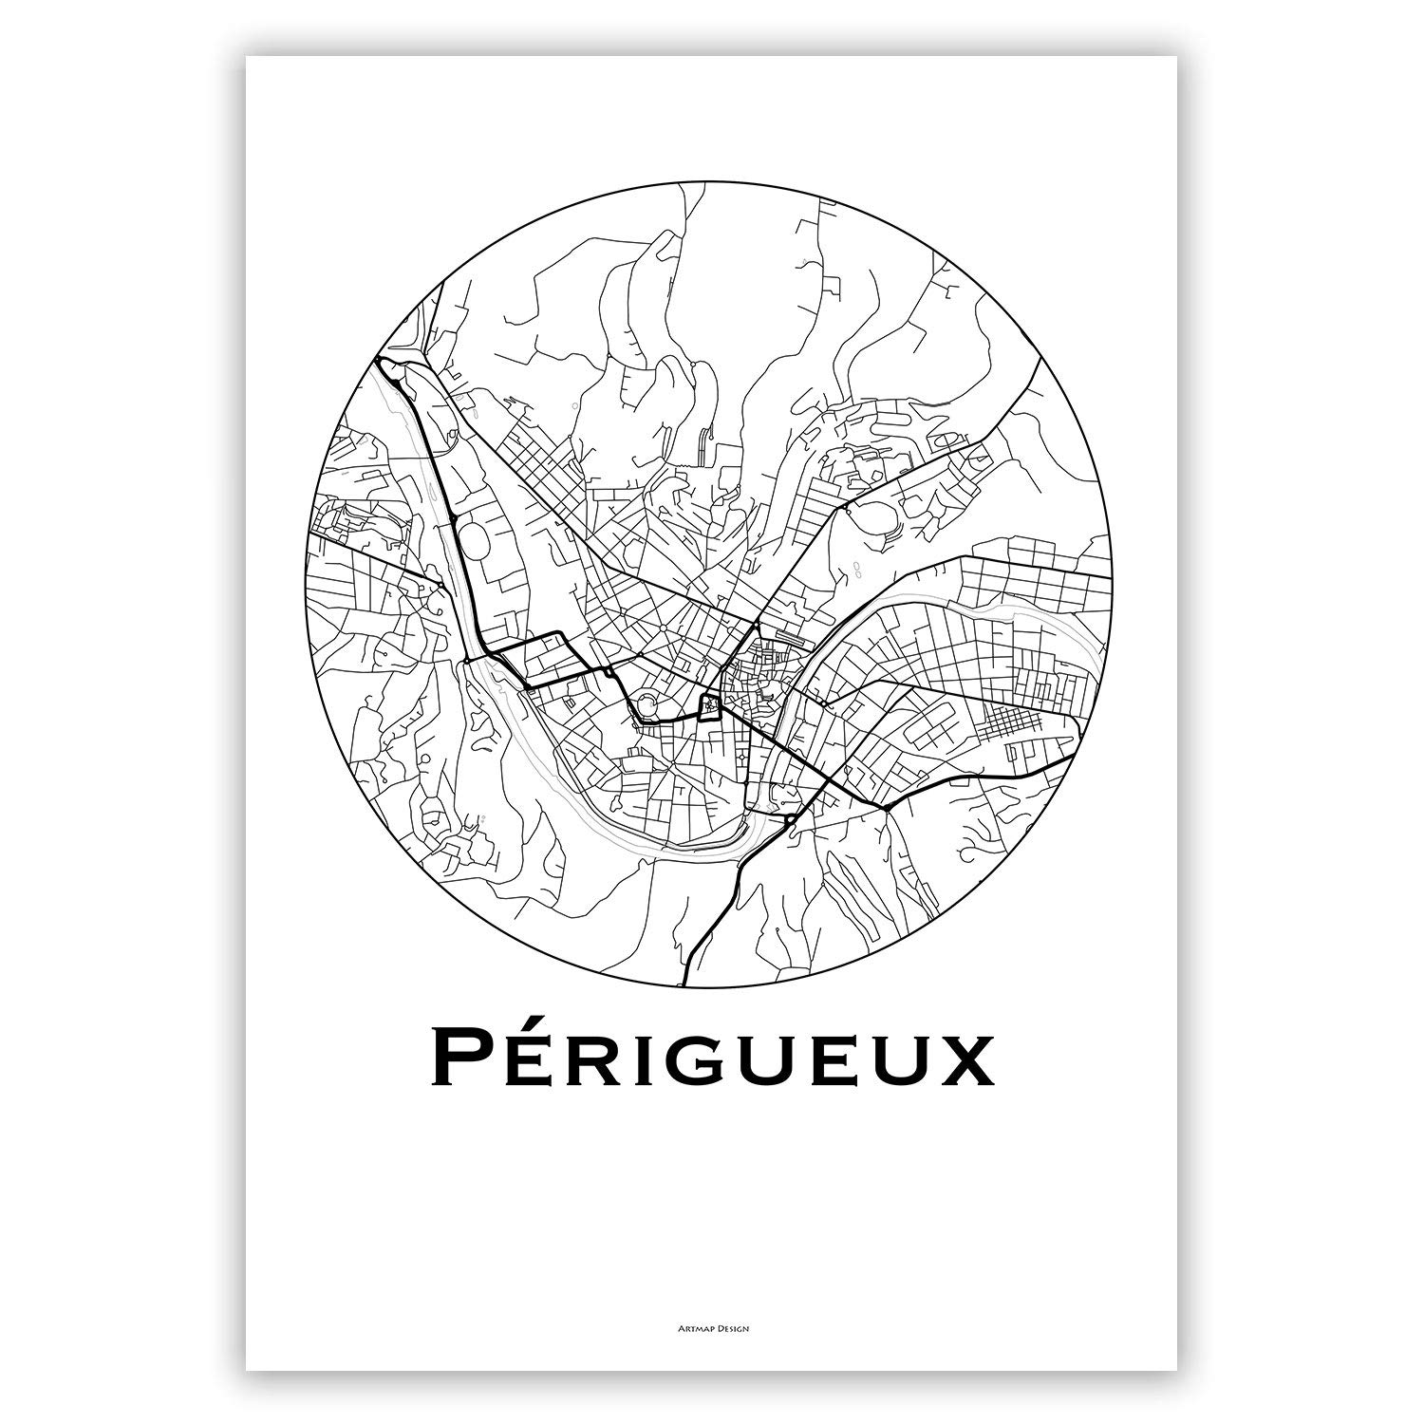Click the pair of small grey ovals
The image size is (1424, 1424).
856,570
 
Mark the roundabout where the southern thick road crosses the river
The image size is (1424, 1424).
790,816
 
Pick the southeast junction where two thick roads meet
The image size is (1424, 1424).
885,808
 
